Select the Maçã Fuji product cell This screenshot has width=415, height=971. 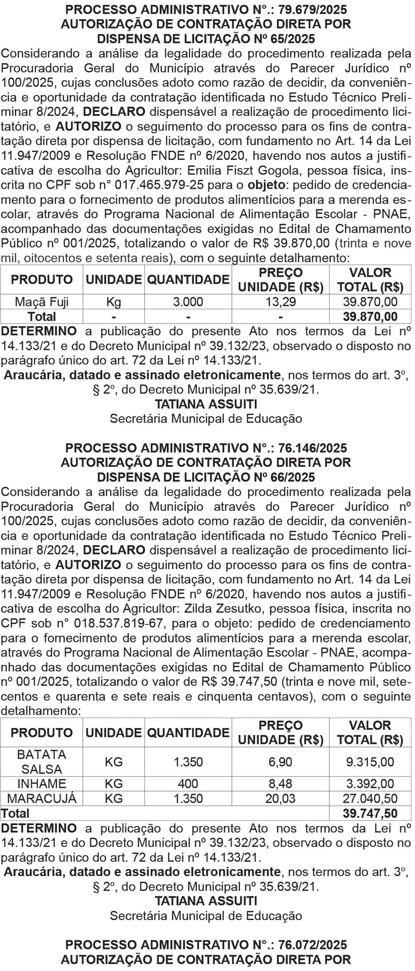point(42,302)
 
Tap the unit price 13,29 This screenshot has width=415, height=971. point(281,302)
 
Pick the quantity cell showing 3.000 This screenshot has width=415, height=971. point(188,302)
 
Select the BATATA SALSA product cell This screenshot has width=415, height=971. point(42,762)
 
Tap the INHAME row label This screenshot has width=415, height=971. point(42,783)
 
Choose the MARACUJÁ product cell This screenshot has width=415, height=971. point(42,798)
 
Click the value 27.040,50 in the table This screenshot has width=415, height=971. point(370,798)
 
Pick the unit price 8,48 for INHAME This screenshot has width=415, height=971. point(281,783)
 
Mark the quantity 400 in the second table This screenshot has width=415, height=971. point(188,783)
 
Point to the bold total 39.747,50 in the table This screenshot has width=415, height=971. point(370,813)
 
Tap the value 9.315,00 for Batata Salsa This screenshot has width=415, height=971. point(370,762)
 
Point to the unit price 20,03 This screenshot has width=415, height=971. point(281,798)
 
